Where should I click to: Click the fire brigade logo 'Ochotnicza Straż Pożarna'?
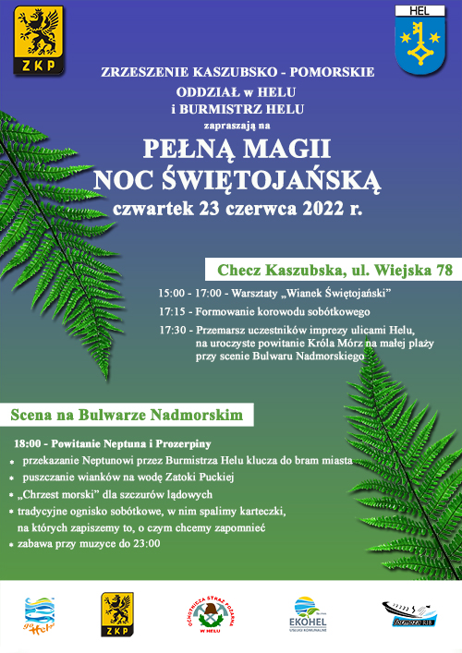(x=215, y=614)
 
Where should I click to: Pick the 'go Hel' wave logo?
(x=39, y=615)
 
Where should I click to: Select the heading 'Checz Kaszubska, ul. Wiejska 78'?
(x=334, y=272)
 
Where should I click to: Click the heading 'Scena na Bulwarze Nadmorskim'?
(x=127, y=415)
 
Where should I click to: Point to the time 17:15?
(x=173, y=311)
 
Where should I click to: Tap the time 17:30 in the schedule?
(x=173, y=330)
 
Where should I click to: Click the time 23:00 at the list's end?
(x=145, y=544)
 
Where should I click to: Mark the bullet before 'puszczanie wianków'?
(x=12, y=479)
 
